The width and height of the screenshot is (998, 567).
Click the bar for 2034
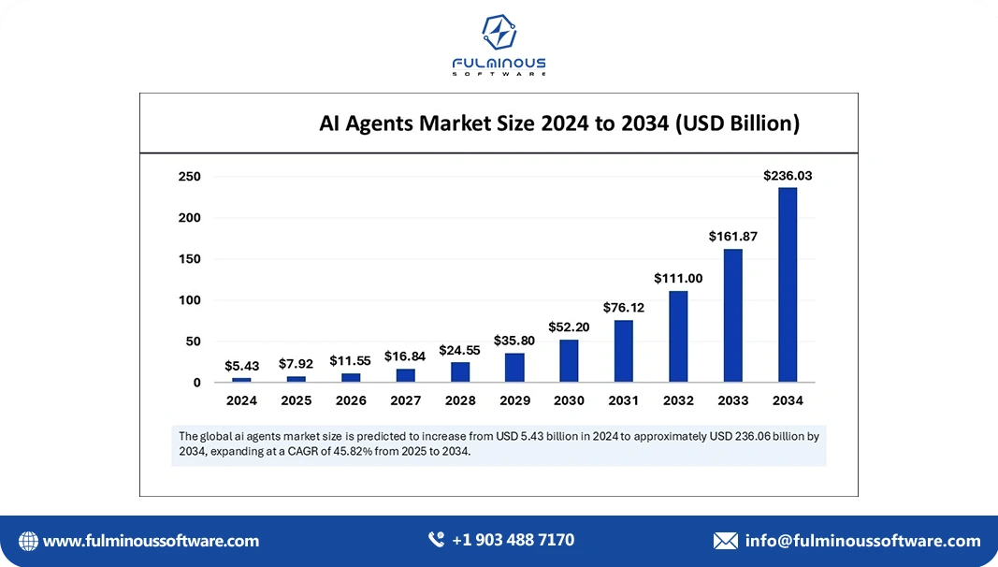click(x=788, y=285)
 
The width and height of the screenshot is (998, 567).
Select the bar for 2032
click(x=678, y=337)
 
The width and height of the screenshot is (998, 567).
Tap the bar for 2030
click(x=569, y=361)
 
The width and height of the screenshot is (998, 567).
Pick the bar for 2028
click(x=459, y=372)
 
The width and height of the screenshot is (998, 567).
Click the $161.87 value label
click(x=733, y=237)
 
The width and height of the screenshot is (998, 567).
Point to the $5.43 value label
click(x=241, y=366)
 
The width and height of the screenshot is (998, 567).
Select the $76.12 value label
click(x=624, y=308)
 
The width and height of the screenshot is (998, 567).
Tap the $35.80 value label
click(x=514, y=341)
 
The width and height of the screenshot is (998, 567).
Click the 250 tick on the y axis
click(x=190, y=177)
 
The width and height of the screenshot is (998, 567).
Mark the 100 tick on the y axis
click(x=190, y=300)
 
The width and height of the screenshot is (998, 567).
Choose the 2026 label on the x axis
click(x=351, y=400)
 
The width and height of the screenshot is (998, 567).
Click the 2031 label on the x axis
click(x=624, y=400)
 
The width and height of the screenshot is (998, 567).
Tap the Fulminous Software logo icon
click(x=499, y=33)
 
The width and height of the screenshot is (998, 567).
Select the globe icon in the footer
click(x=28, y=541)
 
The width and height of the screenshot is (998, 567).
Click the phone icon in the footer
click(x=436, y=540)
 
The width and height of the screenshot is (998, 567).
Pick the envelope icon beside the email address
click(x=725, y=541)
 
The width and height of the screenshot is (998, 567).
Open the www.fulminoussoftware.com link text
click(x=151, y=541)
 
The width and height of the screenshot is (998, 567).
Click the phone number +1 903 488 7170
click(x=513, y=540)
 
